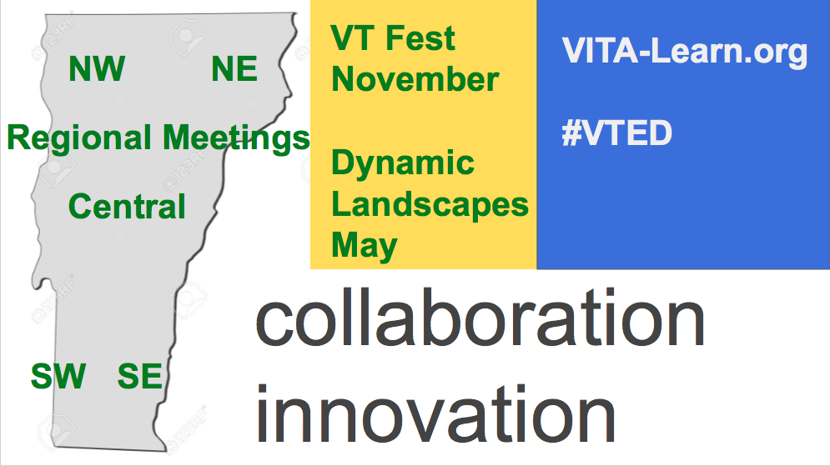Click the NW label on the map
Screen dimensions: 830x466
coord(97,68)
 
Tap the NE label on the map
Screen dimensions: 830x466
coord(234,68)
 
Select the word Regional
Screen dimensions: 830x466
coord(79,139)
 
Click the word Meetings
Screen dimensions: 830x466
coord(236,139)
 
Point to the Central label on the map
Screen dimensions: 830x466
coord(127,206)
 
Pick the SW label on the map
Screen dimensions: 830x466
coord(58,376)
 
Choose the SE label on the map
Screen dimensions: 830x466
coord(140,376)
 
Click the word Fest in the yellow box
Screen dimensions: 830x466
coord(420,38)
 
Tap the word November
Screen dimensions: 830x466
coord(415,79)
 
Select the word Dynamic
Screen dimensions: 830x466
coord(403,164)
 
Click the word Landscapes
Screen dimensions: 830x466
coord(430,206)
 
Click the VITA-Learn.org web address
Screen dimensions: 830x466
coord(684,53)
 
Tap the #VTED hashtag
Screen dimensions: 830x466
coord(616,133)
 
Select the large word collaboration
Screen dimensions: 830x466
coord(480,318)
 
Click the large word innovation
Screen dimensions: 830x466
coord(435,414)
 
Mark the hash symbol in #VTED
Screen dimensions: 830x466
coord(571,133)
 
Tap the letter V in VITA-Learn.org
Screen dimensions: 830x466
coord(575,51)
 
